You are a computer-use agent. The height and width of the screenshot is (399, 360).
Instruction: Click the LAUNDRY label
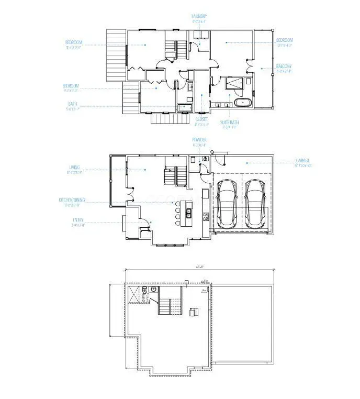[x=199, y=16]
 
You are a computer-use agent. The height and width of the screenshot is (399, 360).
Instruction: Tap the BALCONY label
[x=284, y=66]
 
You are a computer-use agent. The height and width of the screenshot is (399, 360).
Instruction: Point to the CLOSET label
[x=201, y=119]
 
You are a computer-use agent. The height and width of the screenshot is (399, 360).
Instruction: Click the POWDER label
[x=199, y=140]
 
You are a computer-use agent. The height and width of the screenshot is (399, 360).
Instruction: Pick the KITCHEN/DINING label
[x=72, y=200]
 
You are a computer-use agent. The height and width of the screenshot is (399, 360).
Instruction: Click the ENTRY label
[x=78, y=220]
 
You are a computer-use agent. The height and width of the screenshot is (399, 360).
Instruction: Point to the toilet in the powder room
[x=206, y=159]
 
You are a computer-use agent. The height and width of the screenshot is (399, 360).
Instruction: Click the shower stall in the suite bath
[x=231, y=84]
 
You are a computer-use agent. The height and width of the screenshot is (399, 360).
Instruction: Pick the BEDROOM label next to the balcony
[x=284, y=40]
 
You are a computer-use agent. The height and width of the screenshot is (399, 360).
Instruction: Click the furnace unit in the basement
[x=193, y=312]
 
